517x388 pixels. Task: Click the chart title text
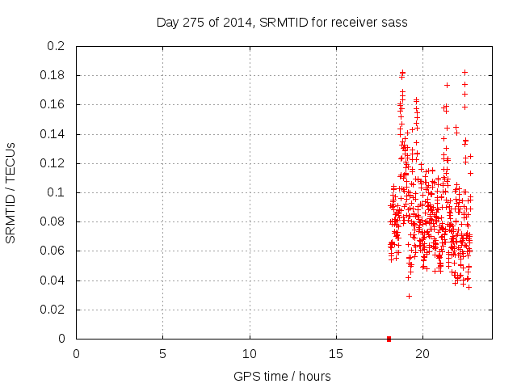point(281,23)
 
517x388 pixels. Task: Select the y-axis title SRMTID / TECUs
point(11,192)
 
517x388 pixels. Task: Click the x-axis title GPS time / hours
point(282,376)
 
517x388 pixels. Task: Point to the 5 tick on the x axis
point(162,353)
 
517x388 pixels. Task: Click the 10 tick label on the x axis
point(250,353)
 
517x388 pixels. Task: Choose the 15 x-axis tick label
point(336,353)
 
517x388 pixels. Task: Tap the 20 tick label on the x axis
point(422,353)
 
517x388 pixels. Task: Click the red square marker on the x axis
point(389,339)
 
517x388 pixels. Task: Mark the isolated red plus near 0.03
point(409,296)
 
